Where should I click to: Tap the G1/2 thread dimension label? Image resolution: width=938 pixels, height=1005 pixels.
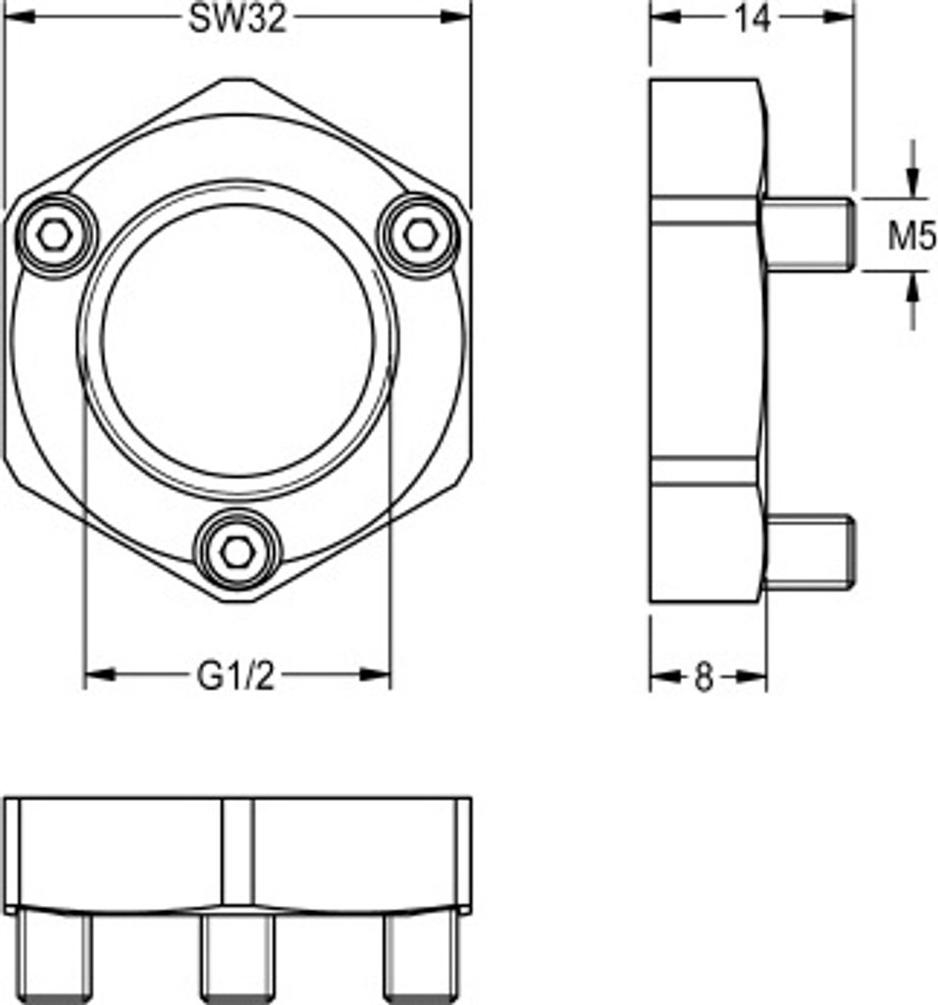(235, 675)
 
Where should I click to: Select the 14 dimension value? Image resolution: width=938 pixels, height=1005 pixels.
(753, 19)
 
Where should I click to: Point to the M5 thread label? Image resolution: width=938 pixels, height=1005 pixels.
(912, 237)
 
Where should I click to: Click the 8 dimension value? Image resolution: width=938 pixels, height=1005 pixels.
(703, 677)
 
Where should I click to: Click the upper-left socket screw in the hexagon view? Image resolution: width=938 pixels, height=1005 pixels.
(55, 236)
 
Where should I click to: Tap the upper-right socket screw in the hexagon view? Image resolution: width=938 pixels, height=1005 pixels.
(419, 236)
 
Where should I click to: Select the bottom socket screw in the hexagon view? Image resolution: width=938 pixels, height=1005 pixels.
(237, 551)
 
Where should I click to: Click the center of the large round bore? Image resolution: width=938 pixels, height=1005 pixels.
(237, 341)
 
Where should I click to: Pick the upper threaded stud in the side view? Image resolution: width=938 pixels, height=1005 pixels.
(808, 235)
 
